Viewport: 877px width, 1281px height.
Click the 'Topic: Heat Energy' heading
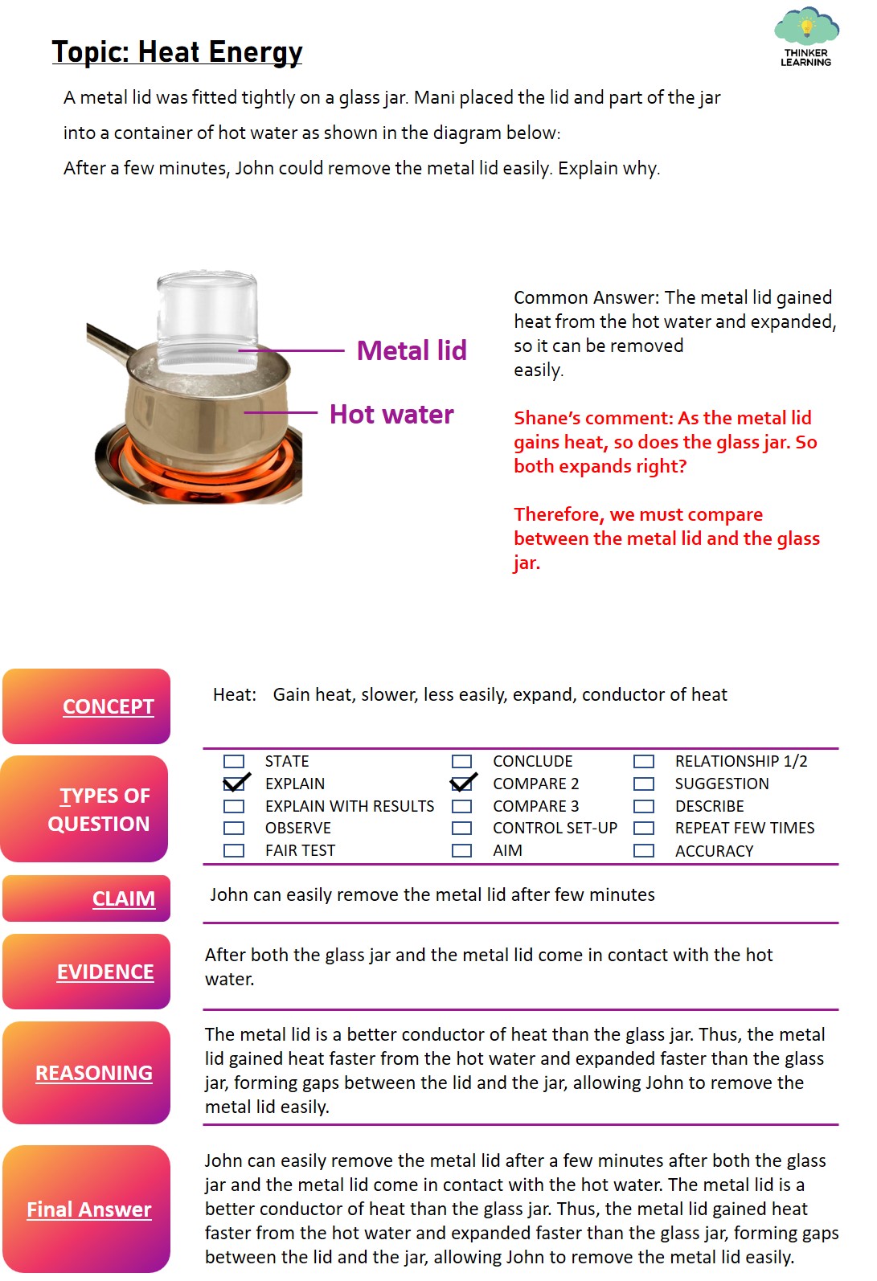click(177, 52)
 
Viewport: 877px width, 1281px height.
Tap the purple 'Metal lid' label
click(412, 350)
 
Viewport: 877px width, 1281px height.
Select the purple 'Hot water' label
click(391, 414)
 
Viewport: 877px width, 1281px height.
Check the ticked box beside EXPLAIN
click(235, 782)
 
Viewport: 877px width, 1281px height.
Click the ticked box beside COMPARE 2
click(462, 782)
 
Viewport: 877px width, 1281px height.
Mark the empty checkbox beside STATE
click(233, 761)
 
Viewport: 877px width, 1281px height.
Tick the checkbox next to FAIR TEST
click(233, 850)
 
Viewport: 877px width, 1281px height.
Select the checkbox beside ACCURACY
click(644, 851)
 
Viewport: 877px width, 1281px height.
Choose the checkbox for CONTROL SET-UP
click(461, 828)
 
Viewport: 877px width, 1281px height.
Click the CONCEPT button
click(86, 706)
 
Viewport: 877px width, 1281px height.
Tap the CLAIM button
click(86, 898)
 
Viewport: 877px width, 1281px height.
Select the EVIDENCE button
click(86, 972)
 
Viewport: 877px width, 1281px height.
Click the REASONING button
click(86, 1073)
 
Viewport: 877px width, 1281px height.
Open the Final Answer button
click(86, 1209)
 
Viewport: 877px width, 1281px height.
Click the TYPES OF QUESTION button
click(84, 808)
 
